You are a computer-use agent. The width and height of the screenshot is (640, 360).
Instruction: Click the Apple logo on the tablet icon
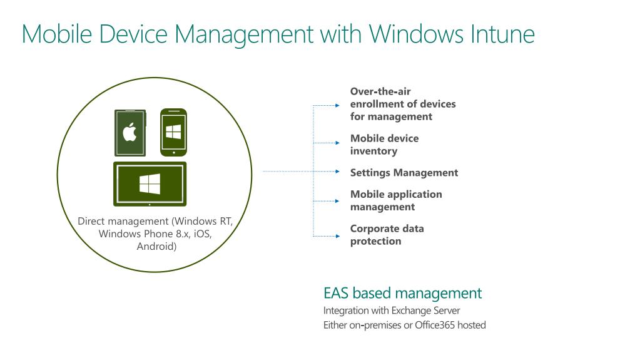pyautogui.click(x=130, y=133)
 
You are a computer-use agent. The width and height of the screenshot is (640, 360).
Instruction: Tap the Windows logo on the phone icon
pyautogui.click(x=173, y=131)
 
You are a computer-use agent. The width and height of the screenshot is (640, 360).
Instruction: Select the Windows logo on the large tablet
pyautogui.click(x=150, y=183)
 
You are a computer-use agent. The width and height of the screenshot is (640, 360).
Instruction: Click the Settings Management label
pyautogui.click(x=404, y=172)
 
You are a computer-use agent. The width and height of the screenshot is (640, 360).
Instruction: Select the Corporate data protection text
pyautogui.click(x=387, y=235)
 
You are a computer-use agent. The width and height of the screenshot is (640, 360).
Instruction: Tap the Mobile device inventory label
pyautogui.click(x=384, y=145)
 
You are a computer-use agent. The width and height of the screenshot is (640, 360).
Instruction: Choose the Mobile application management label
pyautogui.click(x=395, y=200)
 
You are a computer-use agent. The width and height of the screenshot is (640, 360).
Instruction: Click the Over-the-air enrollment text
pyautogui.click(x=402, y=104)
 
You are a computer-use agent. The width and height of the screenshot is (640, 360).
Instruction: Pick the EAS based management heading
pyautogui.click(x=402, y=293)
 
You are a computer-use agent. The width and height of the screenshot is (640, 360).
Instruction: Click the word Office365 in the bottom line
pyautogui.click(x=436, y=325)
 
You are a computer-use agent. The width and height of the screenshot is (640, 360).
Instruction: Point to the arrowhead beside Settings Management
pyautogui.click(x=337, y=171)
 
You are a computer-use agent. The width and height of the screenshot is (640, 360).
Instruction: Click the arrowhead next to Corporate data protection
pyautogui.click(x=337, y=236)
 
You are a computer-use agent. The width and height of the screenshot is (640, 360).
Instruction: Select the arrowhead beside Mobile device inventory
pyautogui.click(x=337, y=143)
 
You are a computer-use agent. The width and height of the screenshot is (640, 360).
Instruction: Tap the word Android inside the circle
pyautogui.click(x=156, y=246)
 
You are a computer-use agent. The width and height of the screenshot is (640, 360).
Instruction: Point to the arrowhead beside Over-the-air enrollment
pyautogui.click(x=337, y=106)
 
